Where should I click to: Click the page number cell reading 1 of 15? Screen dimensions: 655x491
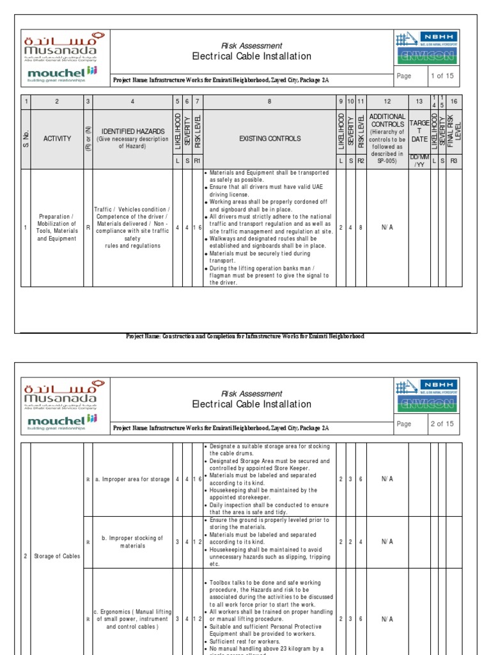pyautogui.click(x=441, y=76)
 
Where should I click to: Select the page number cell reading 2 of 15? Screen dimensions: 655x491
pyautogui.click(x=441, y=424)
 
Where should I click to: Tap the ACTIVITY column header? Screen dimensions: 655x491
pyautogui.click(x=57, y=138)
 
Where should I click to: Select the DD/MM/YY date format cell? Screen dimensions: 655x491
pyautogui.click(x=419, y=161)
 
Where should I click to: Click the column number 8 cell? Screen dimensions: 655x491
pyautogui.click(x=269, y=102)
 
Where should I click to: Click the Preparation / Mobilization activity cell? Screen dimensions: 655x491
pyautogui.click(x=57, y=228)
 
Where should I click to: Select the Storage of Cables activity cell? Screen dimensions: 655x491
pyautogui.click(x=57, y=556)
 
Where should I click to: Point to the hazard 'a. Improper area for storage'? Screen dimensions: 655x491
pyautogui.click(x=132, y=479)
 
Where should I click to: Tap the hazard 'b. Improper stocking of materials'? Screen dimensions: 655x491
pyautogui.click(x=132, y=542)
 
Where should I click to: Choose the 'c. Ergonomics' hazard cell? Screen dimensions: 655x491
pyautogui.click(x=132, y=619)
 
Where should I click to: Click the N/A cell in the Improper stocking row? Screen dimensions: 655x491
pyautogui.click(x=387, y=542)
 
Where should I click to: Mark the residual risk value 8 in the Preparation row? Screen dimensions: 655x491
pyautogui.click(x=361, y=228)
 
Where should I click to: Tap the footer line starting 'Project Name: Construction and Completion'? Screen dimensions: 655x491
pyautogui.click(x=245, y=336)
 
